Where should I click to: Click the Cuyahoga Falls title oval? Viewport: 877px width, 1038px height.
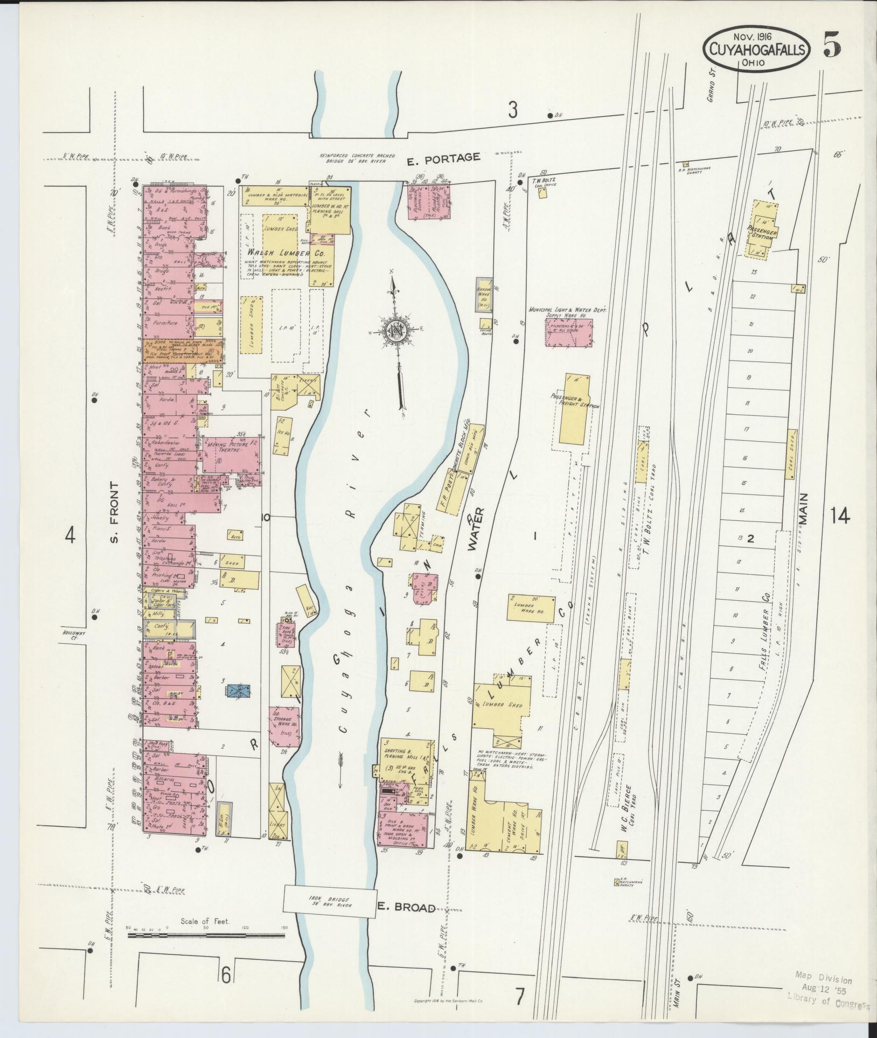756,49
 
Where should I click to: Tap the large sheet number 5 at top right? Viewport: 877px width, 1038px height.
832,48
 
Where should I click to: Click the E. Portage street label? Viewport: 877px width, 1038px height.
451,157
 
